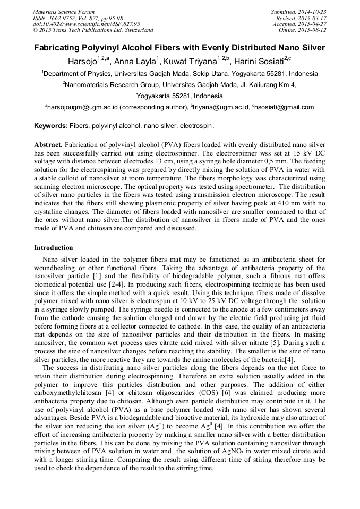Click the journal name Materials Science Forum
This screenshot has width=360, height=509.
tap(64, 12)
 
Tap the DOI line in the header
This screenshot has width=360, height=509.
tap(87, 24)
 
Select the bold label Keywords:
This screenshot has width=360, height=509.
tap(50, 126)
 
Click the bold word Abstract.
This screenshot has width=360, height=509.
tap(48, 144)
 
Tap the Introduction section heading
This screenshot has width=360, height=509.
tap(54, 248)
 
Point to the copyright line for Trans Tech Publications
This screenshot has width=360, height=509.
tap(93, 30)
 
